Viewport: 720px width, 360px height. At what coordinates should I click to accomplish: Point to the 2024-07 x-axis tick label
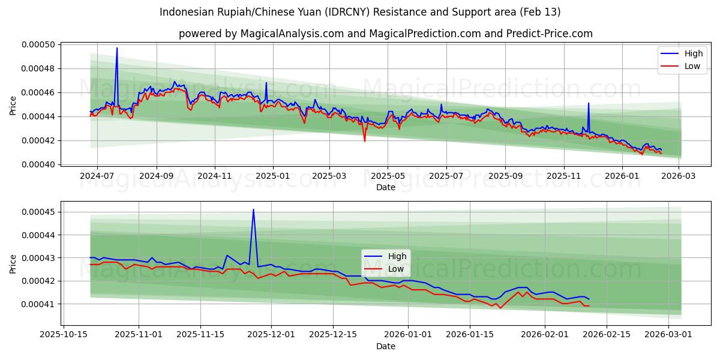click(x=97, y=176)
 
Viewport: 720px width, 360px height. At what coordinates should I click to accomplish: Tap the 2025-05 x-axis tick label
click(x=387, y=176)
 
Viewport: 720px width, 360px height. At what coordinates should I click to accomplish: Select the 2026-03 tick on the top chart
click(x=679, y=176)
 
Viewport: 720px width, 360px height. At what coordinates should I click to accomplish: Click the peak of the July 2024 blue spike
click(x=117, y=48)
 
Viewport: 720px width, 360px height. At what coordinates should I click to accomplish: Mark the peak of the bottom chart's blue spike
click(x=253, y=209)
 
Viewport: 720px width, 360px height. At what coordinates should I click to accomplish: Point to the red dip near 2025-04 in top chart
click(x=364, y=141)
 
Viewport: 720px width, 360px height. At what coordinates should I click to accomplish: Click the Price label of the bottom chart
click(x=13, y=263)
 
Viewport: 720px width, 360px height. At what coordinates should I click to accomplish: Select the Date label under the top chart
click(x=385, y=187)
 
